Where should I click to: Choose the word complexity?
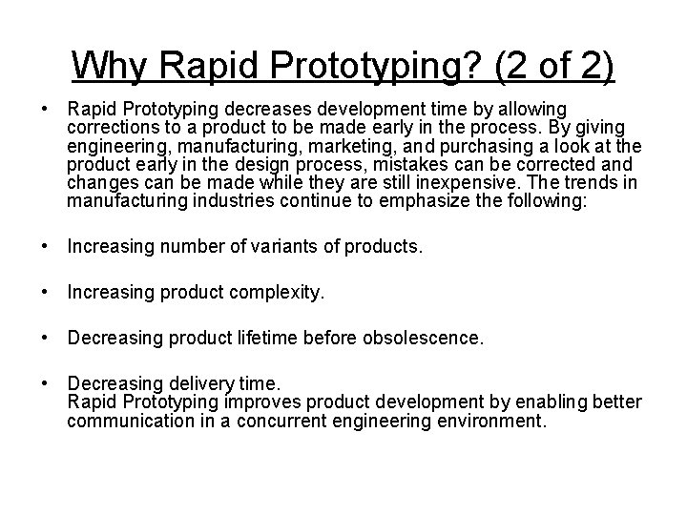(277, 294)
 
